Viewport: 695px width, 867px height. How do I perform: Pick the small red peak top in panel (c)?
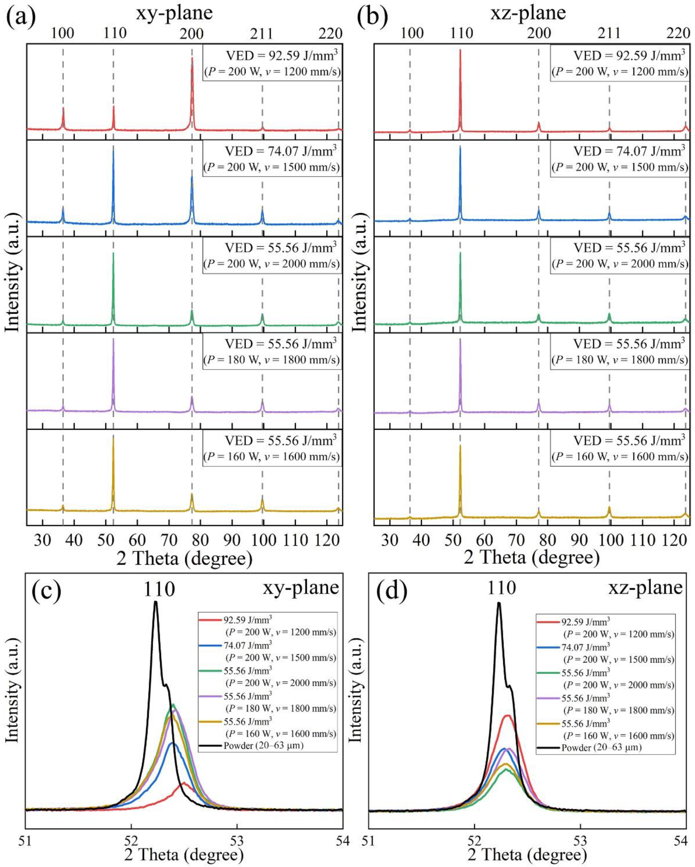[x=184, y=783]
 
